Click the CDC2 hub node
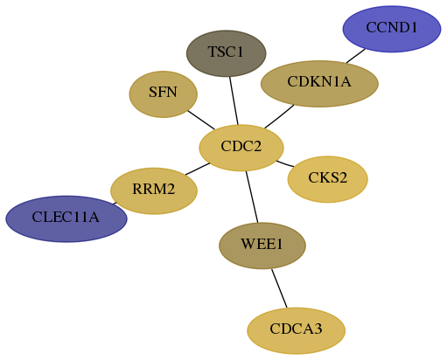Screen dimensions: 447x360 click(x=241, y=148)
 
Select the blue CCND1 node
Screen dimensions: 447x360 click(x=392, y=29)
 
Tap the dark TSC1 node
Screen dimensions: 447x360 click(x=227, y=53)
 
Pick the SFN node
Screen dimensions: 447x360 click(x=164, y=94)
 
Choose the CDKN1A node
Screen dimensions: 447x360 click(x=319, y=84)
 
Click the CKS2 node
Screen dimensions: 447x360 click(x=328, y=179)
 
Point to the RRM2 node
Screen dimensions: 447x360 click(x=154, y=190)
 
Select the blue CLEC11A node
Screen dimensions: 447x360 click(x=66, y=218)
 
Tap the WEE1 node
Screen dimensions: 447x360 click(x=262, y=246)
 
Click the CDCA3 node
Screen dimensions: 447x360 click(x=297, y=330)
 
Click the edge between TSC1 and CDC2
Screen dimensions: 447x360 click(x=234, y=100)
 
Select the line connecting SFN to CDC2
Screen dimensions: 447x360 click(x=201, y=120)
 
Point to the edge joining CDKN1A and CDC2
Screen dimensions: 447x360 click(x=279, y=116)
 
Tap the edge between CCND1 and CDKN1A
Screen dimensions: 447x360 click(x=356, y=56)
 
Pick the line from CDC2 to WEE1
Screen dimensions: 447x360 click(x=252, y=197)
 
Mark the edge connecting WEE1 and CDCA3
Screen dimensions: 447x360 click(x=279, y=288)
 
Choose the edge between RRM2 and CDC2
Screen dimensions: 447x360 click(x=198, y=169)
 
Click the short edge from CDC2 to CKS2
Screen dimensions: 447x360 click(x=285, y=163)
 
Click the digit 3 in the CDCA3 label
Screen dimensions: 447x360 click(x=318, y=329)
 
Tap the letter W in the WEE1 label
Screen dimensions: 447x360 click(x=247, y=244)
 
